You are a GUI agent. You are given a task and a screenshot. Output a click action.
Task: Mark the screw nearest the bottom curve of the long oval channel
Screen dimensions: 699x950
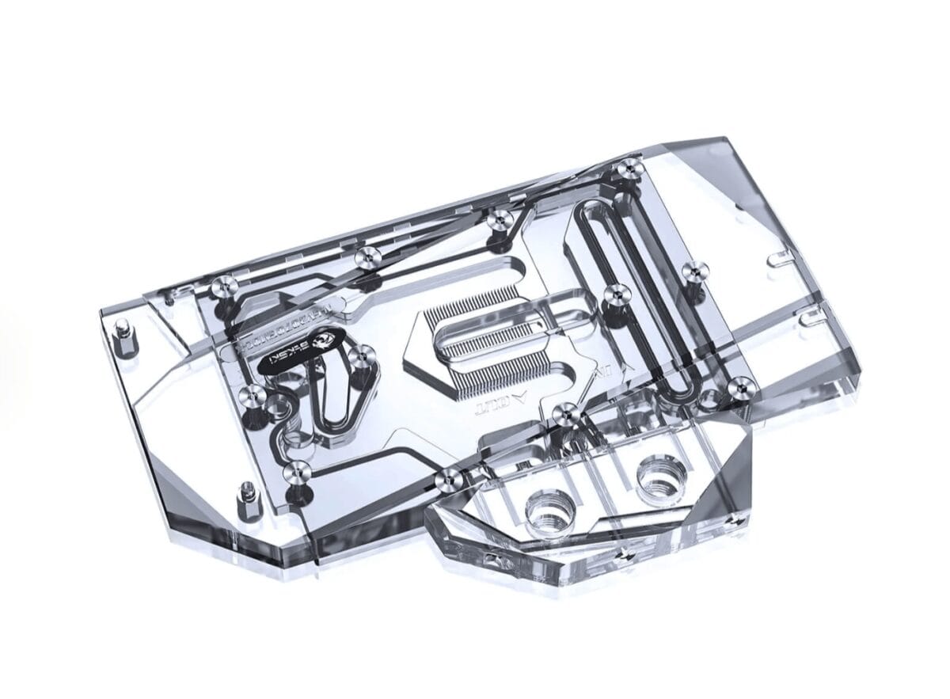(x=740, y=387)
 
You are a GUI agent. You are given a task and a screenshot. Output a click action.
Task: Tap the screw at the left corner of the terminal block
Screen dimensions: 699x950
(x=449, y=477)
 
